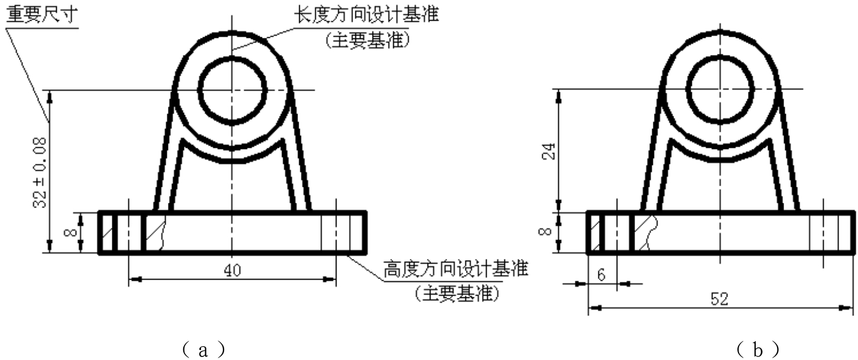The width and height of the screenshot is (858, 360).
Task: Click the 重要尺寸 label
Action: pyautogui.click(x=42, y=15)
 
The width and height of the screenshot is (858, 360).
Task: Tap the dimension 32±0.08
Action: pyautogui.click(x=40, y=173)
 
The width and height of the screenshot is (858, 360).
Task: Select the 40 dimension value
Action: pyautogui.click(x=232, y=270)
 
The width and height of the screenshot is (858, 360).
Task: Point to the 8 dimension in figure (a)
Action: pyautogui.click(x=71, y=232)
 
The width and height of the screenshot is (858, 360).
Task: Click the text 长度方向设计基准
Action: pyautogui.click(x=366, y=15)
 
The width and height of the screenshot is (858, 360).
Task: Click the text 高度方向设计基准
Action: pyautogui.click(x=456, y=269)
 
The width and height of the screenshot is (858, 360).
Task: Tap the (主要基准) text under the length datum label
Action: pyautogui.click(x=368, y=40)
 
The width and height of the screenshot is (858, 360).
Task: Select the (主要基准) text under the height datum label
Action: pyautogui.click(x=457, y=294)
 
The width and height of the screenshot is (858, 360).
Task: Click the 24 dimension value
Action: pyautogui.click(x=550, y=151)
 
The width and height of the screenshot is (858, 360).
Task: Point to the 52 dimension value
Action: pyautogui.click(x=720, y=299)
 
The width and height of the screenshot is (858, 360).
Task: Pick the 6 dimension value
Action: pyautogui.click(x=601, y=275)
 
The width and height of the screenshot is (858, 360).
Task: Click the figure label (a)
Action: pyautogui.click(x=203, y=349)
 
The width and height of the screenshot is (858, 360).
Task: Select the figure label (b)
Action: pyautogui.click(x=757, y=349)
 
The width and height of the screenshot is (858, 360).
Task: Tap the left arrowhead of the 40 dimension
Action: pyautogui.click(x=135, y=279)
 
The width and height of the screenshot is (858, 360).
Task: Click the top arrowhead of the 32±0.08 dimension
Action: pyautogui.click(x=50, y=97)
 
